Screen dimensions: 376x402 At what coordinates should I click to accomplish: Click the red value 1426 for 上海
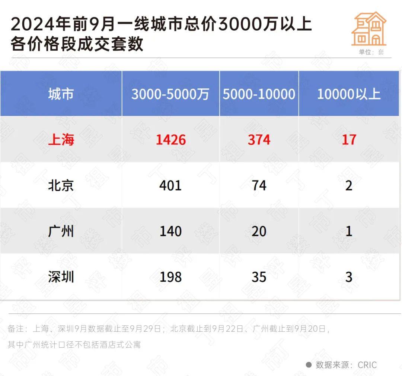click(170, 140)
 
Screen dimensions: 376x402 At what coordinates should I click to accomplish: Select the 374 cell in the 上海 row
click(259, 140)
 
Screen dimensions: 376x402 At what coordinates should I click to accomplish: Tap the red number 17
click(349, 140)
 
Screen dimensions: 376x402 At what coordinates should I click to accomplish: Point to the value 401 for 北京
click(170, 185)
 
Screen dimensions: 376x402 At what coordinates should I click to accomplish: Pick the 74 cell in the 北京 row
click(259, 185)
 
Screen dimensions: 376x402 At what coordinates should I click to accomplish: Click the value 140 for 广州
click(170, 231)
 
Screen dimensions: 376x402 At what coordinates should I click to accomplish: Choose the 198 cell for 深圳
click(170, 277)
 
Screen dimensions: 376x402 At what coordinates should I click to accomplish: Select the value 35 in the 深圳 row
click(259, 277)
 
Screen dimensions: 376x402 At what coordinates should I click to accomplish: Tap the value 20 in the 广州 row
click(259, 231)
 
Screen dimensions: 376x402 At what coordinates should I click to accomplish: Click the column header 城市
click(61, 94)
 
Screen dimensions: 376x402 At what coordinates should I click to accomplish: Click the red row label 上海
click(61, 140)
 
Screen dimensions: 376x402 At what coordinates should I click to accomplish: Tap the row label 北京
click(61, 185)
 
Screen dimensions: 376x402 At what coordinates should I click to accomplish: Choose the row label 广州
click(61, 231)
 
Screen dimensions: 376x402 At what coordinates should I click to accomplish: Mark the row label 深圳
click(61, 277)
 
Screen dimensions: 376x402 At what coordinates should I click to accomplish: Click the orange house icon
click(369, 29)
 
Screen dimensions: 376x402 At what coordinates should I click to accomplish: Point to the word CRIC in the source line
click(367, 365)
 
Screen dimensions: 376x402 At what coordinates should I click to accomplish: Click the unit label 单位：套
click(371, 52)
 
